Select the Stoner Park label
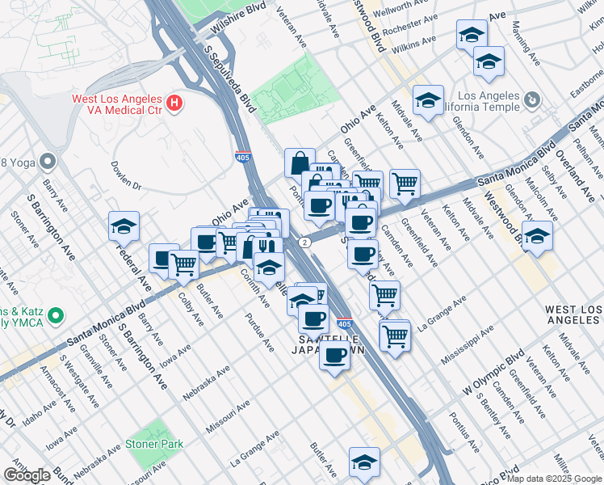click(153, 444)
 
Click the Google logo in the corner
click(27, 474)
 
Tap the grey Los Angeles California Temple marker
click(531, 100)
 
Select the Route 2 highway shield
click(304, 242)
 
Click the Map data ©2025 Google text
click(554, 478)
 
